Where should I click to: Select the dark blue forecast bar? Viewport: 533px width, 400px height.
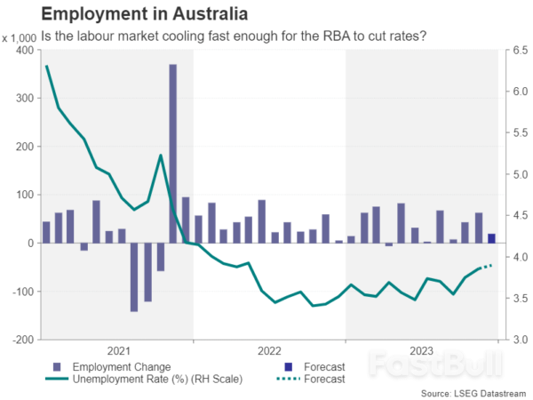click(491, 238)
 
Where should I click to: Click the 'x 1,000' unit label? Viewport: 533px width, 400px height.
click(20, 37)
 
